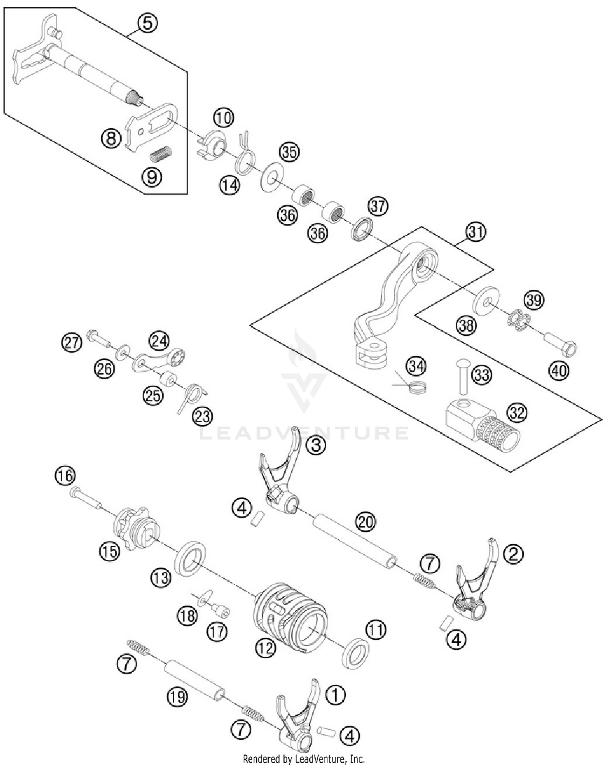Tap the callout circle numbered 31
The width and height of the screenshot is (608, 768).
tap(475, 232)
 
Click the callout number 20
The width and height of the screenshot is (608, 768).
tap(365, 522)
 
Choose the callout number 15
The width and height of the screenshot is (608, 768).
tap(110, 551)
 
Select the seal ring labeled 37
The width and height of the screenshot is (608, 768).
tap(361, 229)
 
